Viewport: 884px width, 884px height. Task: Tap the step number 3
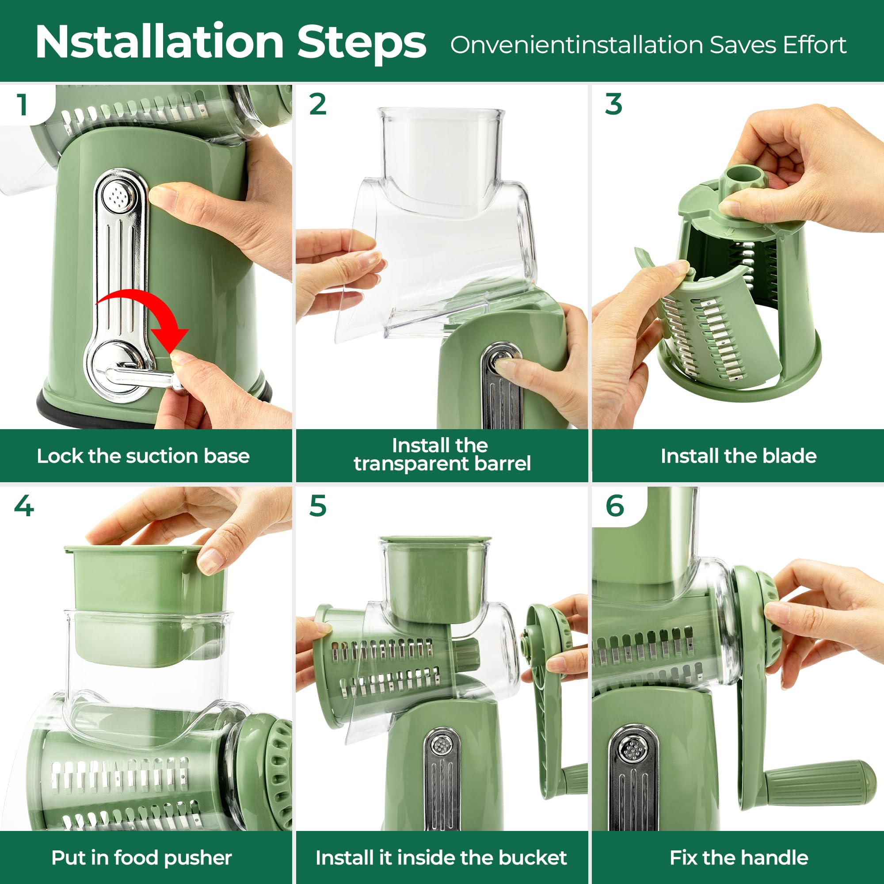click(x=613, y=104)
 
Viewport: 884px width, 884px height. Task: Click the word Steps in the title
click(x=362, y=42)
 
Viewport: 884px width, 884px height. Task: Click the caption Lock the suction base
click(x=143, y=456)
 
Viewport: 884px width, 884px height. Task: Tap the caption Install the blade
click(x=738, y=456)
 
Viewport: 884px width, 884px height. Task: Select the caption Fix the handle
click(x=739, y=857)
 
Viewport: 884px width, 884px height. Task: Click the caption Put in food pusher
click(x=141, y=857)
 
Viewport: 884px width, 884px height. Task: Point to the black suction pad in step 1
click(x=55, y=410)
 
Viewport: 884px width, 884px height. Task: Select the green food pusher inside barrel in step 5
click(x=434, y=579)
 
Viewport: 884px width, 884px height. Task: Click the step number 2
click(x=317, y=104)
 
